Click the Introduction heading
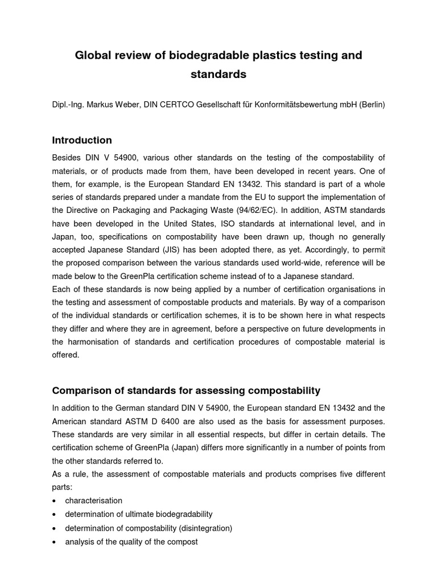coord(82,140)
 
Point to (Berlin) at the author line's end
coord(372,105)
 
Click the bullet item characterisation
coord(94,500)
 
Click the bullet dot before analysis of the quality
coord(53,543)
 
